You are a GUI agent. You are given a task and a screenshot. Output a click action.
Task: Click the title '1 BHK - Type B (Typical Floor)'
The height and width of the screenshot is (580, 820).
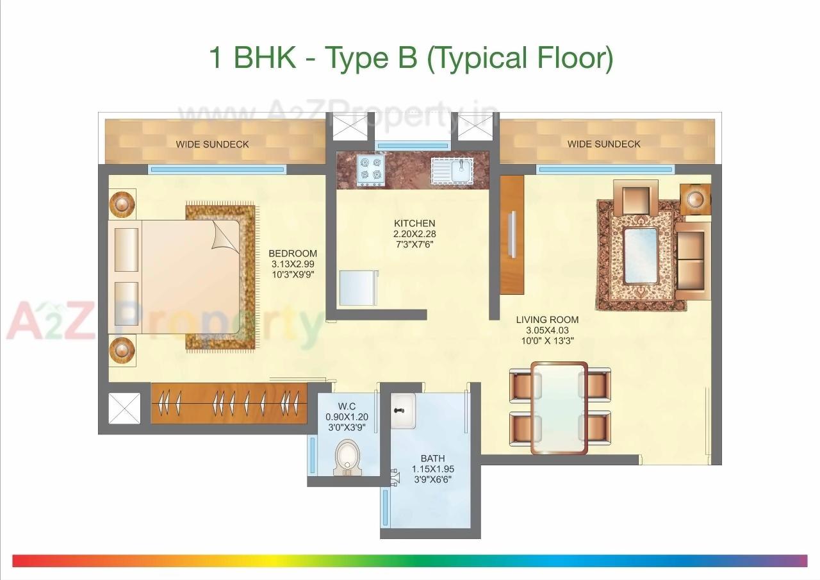click(x=411, y=58)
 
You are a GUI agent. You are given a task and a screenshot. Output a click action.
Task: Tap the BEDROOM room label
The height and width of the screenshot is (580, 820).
click(x=293, y=253)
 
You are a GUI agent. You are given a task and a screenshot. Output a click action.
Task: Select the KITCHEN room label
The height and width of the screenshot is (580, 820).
click(x=414, y=224)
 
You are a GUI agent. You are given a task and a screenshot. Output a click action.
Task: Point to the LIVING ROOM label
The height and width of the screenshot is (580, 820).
click(x=547, y=320)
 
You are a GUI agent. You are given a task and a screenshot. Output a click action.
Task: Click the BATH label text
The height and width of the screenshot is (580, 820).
click(x=432, y=458)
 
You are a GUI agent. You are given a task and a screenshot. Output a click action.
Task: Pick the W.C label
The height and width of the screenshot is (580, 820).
click(x=347, y=406)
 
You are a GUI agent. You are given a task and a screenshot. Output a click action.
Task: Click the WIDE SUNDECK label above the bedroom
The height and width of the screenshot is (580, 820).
click(x=212, y=144)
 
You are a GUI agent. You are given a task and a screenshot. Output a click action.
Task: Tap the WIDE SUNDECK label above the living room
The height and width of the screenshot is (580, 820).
click(x=603, y=144)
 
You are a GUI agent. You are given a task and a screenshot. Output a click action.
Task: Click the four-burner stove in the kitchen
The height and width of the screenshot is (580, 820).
click(x=371, y=171)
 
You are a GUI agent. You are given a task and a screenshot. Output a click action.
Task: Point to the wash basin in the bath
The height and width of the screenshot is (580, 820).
click(x=403, y=411)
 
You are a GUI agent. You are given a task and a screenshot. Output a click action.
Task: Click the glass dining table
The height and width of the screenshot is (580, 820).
click(x=559, y=408)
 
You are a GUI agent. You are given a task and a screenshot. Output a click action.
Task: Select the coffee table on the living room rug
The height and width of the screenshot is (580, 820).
click(x=639, y=255)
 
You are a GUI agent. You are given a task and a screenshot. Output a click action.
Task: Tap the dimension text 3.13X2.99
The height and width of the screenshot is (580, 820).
click(x=292, y=264)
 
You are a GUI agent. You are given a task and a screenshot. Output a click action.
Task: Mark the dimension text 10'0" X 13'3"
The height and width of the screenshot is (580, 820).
click(x=547, y=341)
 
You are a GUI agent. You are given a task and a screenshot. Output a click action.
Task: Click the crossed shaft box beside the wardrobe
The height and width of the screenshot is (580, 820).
click(x=123, y=408)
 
